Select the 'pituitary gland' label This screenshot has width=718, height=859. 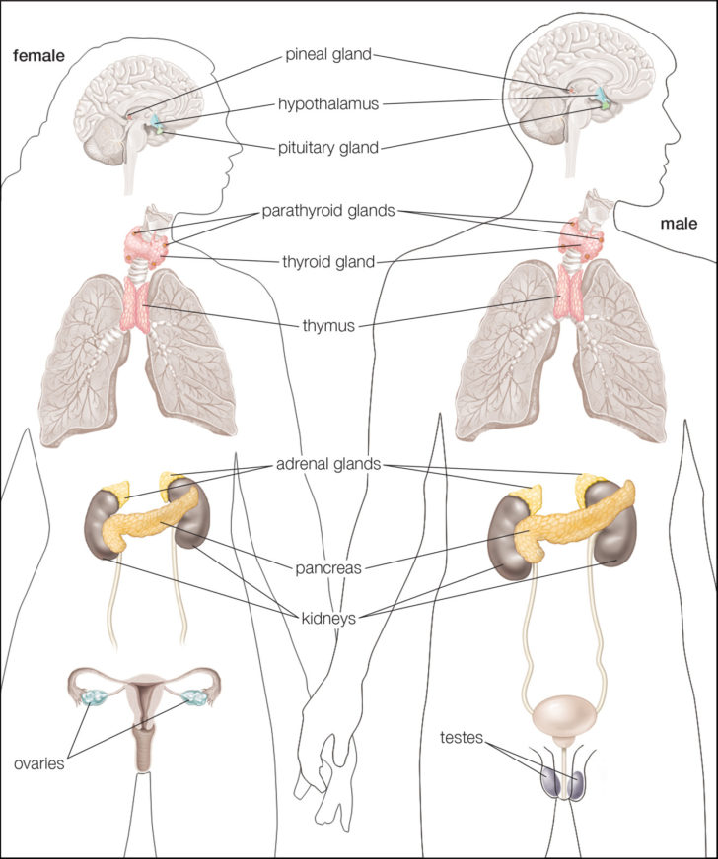point(327,149)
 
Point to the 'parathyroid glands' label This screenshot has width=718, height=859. point(327,210)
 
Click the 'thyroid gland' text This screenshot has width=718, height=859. point(327,261)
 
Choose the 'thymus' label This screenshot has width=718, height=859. point(329,324)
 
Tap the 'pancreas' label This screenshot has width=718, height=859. point(327,568)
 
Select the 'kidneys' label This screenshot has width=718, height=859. point(327,619)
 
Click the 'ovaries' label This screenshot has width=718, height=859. point(39,762)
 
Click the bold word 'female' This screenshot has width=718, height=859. point(37,55)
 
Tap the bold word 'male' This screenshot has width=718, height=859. point(680,225)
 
